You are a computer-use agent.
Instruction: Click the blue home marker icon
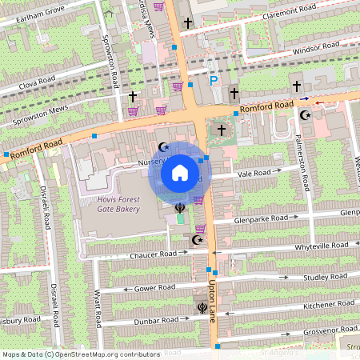179,173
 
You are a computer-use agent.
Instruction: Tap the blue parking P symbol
213,80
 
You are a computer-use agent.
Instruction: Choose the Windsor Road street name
294,50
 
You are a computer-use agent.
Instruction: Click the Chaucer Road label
153,254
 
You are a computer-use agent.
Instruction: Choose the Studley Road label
325,277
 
